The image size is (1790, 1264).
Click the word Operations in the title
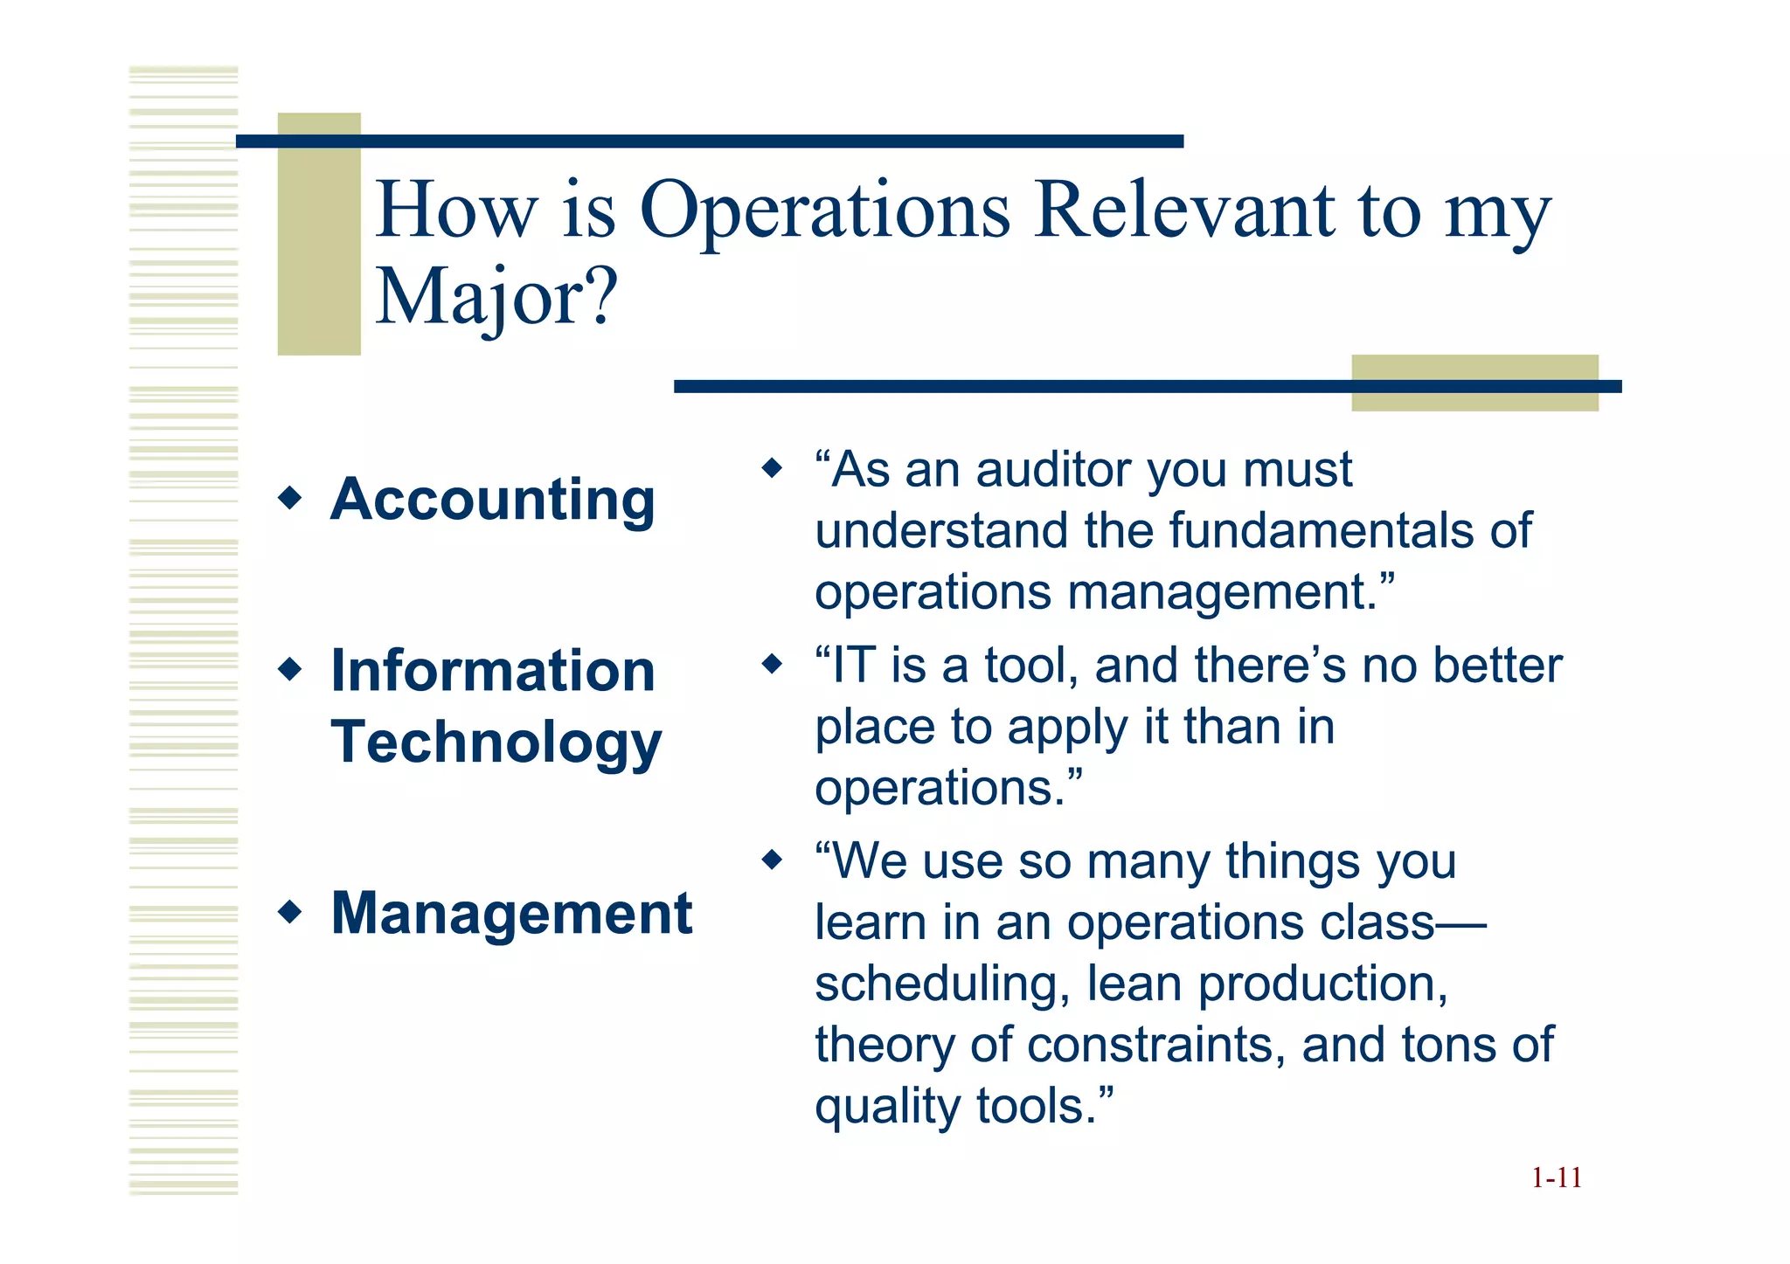825,211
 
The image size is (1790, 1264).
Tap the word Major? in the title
496,297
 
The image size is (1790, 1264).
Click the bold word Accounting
492,500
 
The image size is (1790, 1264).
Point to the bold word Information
493,671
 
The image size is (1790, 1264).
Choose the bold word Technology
496,743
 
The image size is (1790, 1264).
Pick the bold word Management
511,914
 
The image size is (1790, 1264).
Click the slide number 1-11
1556,1178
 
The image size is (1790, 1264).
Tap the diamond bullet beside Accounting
289,499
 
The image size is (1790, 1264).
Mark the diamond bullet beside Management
289,913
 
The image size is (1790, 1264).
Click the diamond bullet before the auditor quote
772,468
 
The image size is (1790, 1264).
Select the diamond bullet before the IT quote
772,664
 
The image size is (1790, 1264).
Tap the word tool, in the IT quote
1032,666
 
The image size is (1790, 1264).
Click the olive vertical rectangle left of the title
319,234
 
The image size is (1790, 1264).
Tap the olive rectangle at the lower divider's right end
1474,383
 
